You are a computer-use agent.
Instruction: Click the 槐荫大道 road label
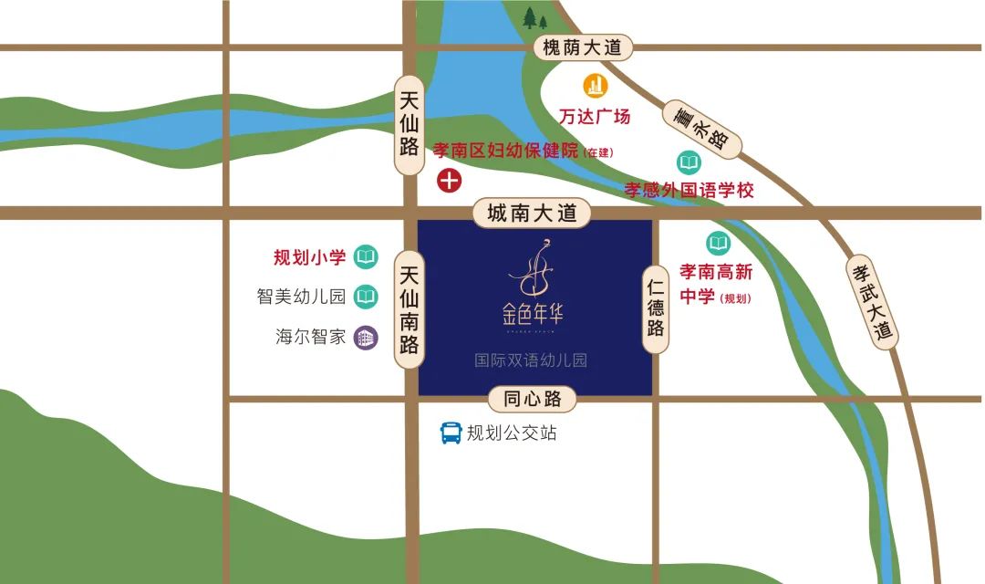pos(582,47)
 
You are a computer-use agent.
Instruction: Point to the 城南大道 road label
pos(533,214)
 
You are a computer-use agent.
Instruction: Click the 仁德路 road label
pos(656,310)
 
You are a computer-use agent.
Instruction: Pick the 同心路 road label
pos(533,399)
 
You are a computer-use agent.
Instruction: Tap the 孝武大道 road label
pos(870,301)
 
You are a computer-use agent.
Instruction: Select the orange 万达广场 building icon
pos(596,86)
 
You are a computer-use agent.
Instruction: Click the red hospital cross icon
pos(449,180)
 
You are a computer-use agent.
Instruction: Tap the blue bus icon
pos(451,433)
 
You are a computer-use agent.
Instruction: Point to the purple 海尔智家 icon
pos(366,337)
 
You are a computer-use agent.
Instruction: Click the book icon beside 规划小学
pos(366,257)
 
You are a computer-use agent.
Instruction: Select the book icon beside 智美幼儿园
pos(366,297)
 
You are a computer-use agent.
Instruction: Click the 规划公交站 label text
pos(512,433)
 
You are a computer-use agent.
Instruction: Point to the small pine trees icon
pos(535,17)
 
